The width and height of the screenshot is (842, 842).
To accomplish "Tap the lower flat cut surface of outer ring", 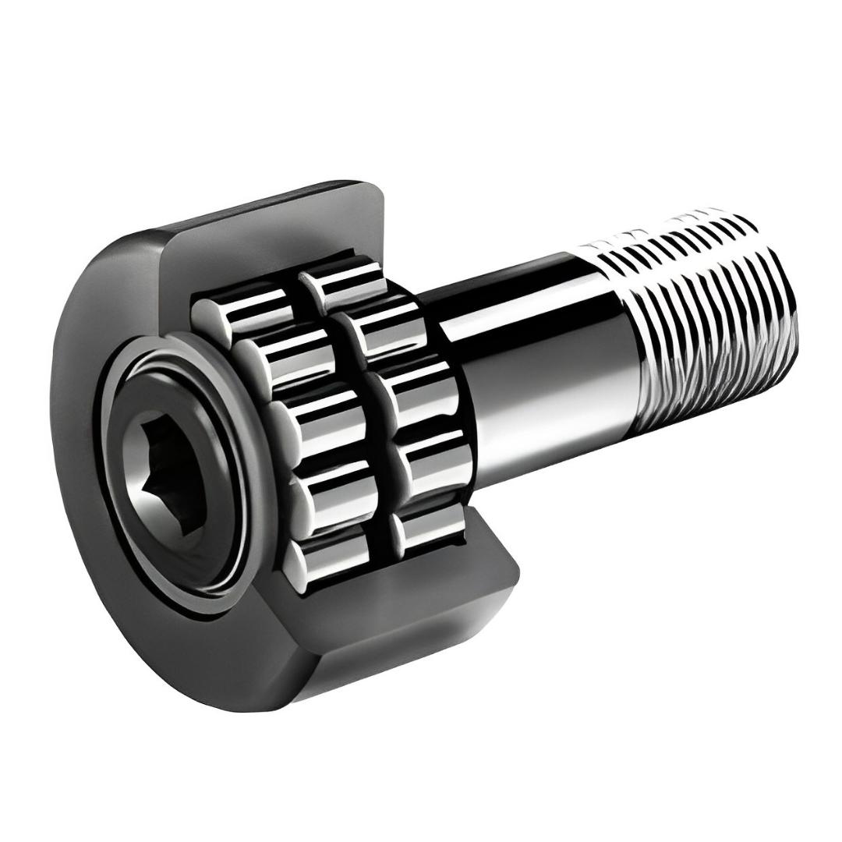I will tap(437, 616).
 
